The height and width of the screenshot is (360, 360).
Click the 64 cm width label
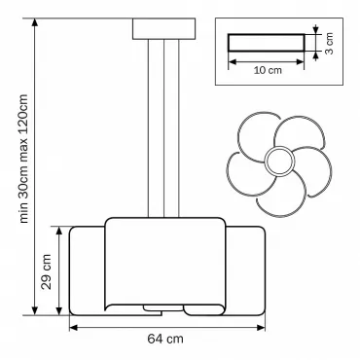[x=165, y=339]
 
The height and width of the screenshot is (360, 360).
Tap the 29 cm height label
[x=47, y=271]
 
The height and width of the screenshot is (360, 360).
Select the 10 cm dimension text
[x=268, y=70]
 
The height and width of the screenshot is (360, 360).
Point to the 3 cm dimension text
[x=329, y=43]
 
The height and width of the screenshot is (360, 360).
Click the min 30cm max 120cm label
[x=23, y=159]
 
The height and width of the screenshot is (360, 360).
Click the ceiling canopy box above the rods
[x=163, y=29]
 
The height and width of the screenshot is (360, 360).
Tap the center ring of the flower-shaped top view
[x=279, y=161]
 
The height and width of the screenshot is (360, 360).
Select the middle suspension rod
[x=163, y=128]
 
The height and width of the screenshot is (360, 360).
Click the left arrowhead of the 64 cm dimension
[x=73, y=328]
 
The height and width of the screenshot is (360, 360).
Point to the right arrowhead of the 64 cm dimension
[x=261, y=328]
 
